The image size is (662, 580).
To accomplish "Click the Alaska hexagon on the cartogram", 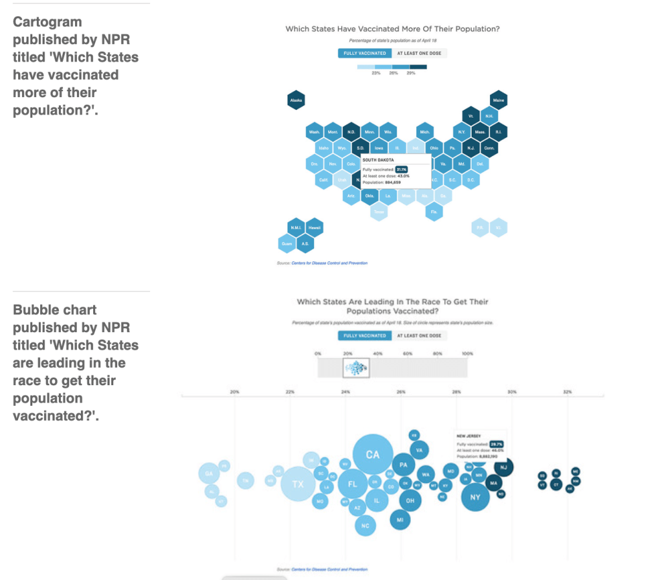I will pos(296,100).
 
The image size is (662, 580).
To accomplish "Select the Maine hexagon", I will pos(498,100).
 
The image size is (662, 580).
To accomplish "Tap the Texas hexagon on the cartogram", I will pos(379,212).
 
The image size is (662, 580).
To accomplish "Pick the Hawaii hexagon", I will pos(314,228).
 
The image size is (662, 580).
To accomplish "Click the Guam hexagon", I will pos(287,243).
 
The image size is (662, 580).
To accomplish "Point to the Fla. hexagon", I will pos(434,212).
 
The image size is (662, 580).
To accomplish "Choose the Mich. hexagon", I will pos(425,132).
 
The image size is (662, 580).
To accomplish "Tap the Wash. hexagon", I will pos(314,132).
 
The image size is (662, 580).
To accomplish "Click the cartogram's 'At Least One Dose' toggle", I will pos(419,53).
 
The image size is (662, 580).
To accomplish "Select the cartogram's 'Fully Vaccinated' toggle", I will pos(364,53).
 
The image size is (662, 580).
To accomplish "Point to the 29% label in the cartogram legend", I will pos(410,73).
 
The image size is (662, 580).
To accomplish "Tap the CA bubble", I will pos(373,454).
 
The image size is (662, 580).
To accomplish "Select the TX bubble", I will pos(298,484).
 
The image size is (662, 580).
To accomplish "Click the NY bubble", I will pos(475,497).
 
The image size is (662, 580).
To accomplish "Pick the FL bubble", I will pos(353,484).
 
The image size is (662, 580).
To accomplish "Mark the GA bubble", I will pos(208,474).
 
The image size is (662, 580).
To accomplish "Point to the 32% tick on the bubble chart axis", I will pos(568,392).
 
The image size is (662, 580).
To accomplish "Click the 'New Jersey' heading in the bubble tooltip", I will pos(470,436).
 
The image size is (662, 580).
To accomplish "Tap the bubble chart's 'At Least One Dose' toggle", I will pos(419,335).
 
